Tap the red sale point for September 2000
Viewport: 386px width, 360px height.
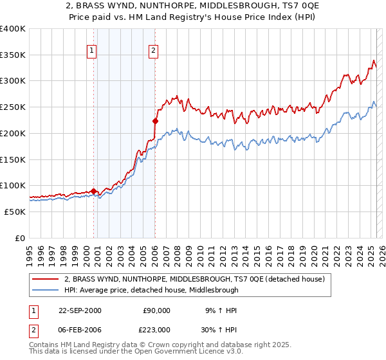click(x=94, y=191)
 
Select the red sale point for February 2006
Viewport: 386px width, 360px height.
click(x=155, y=120)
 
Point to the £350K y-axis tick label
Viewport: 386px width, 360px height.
click(x=13, y=55)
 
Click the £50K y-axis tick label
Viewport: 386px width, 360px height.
click(x=15, y=212)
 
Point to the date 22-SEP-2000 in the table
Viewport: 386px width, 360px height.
click(x=80, y=310)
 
